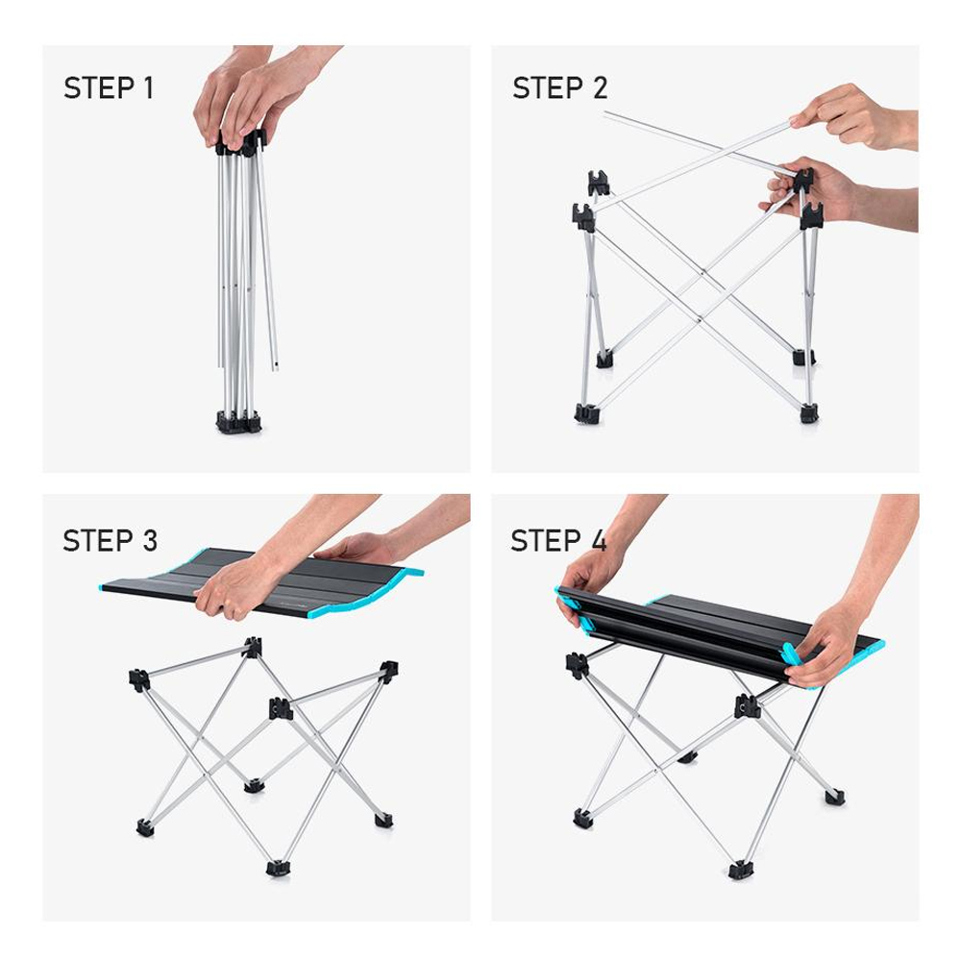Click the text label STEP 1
tap(109, 88)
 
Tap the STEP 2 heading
tap(559, 88)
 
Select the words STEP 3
tap(110, 540)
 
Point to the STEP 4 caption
tap(558, 540)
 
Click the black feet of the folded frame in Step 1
tap(238, 422)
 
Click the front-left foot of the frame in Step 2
tap(586, 413)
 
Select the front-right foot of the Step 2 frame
tap(809, 413)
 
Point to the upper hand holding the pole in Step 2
tap(850, 113)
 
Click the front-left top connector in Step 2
tap(584, 216)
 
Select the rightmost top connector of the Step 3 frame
tap(388, 671)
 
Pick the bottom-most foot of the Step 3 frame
tap(278, 868)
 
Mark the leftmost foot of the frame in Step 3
tap(145, 826)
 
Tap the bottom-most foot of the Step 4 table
tap(740, 870)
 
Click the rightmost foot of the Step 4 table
tap(834, 796)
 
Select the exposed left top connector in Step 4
tap(577, 664)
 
